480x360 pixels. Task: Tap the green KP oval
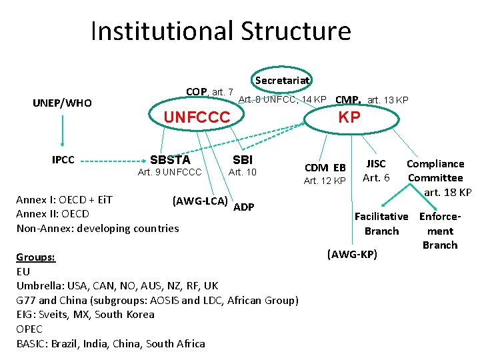349,117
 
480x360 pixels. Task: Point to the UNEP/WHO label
63,103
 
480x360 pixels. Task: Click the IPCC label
63,160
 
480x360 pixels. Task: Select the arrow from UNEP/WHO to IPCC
63,131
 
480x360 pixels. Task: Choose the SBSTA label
170,160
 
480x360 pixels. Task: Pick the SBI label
243,160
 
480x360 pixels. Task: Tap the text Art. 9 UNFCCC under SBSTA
169,173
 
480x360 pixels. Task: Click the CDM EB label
325,167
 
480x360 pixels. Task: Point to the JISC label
376,163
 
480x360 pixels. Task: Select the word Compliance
435,163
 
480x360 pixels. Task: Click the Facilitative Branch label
381,223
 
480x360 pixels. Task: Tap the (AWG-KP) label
353,253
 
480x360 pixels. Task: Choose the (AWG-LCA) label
200,201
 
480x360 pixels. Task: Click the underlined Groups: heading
36,257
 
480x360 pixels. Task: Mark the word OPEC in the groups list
29,329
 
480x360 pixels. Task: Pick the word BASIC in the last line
32,343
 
